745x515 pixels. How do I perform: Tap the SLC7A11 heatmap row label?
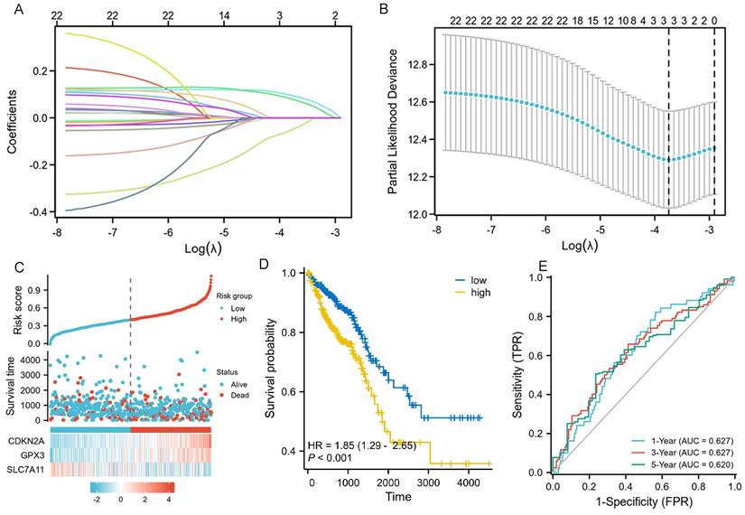click(x=27, y=469)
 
